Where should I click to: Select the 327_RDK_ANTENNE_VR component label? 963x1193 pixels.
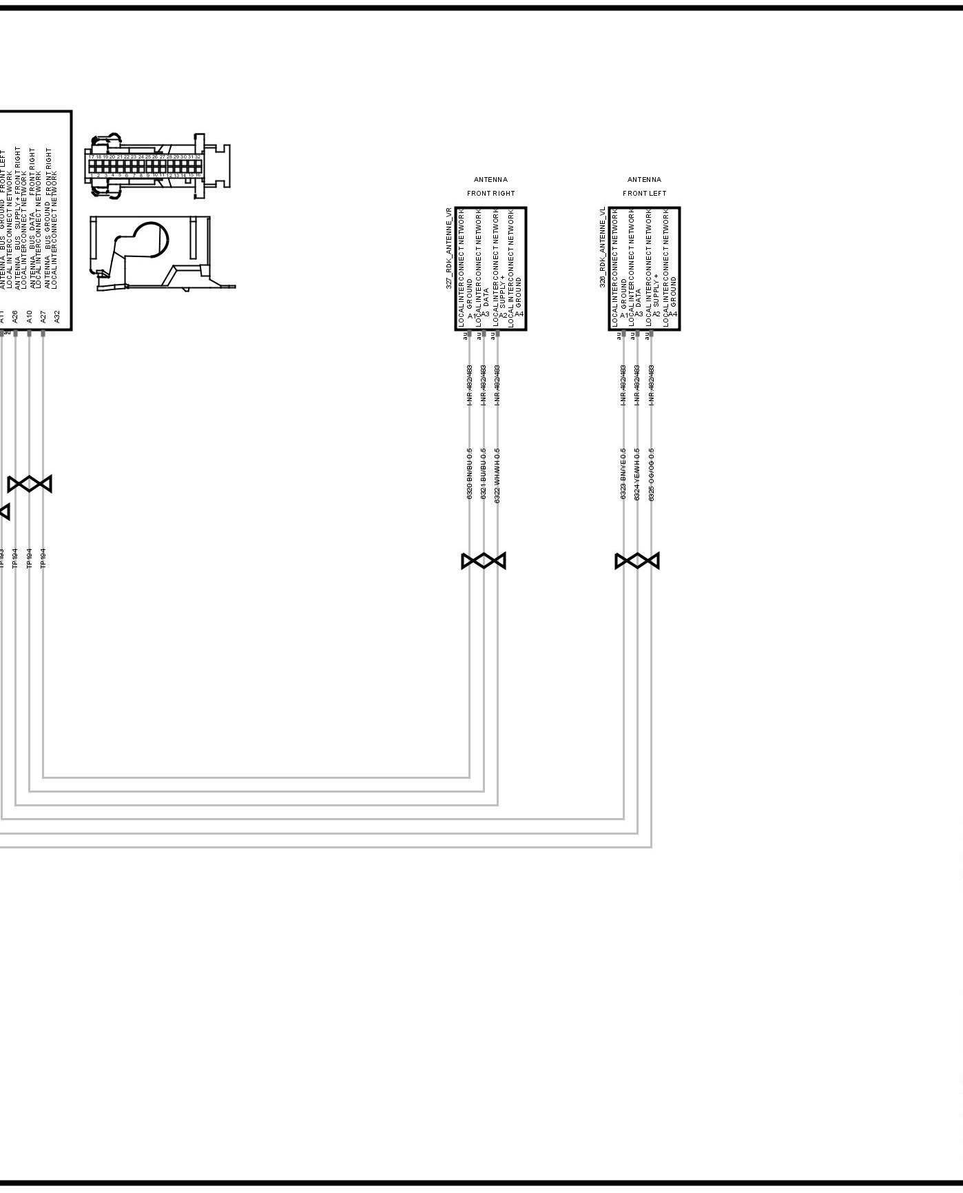point(448,247)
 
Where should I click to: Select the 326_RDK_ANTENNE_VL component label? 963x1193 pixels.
point(602,247)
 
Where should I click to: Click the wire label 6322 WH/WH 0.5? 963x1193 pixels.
point(497,475)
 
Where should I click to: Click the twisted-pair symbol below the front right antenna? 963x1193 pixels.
point(484,561)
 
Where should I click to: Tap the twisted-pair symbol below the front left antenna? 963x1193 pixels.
point(637,561)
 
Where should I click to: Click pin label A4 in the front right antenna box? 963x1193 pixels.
point(519,314)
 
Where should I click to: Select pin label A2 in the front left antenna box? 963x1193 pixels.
point(656,314)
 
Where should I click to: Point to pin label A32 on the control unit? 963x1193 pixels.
point(57,316)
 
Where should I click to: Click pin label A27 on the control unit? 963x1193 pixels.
point(43,316)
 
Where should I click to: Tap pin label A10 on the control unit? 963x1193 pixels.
point(29,316)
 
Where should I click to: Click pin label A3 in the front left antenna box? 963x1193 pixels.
point(639,314)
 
